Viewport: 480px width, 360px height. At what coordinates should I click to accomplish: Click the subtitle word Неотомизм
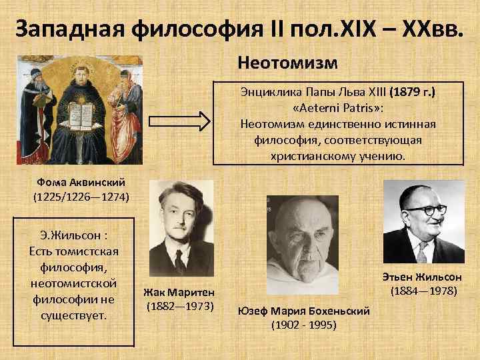pos(287,64)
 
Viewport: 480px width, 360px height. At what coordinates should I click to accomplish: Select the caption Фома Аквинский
pos(81,182)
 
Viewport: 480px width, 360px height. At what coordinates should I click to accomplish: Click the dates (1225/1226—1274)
pos(81,197)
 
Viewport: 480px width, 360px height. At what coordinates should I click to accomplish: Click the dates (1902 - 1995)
pos(305,325)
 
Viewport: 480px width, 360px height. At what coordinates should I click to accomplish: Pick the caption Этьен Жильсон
pos(423,277)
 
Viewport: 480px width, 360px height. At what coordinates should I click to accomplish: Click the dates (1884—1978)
pos(423,291)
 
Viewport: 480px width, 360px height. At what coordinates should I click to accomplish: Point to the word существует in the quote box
pos(74,314)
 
